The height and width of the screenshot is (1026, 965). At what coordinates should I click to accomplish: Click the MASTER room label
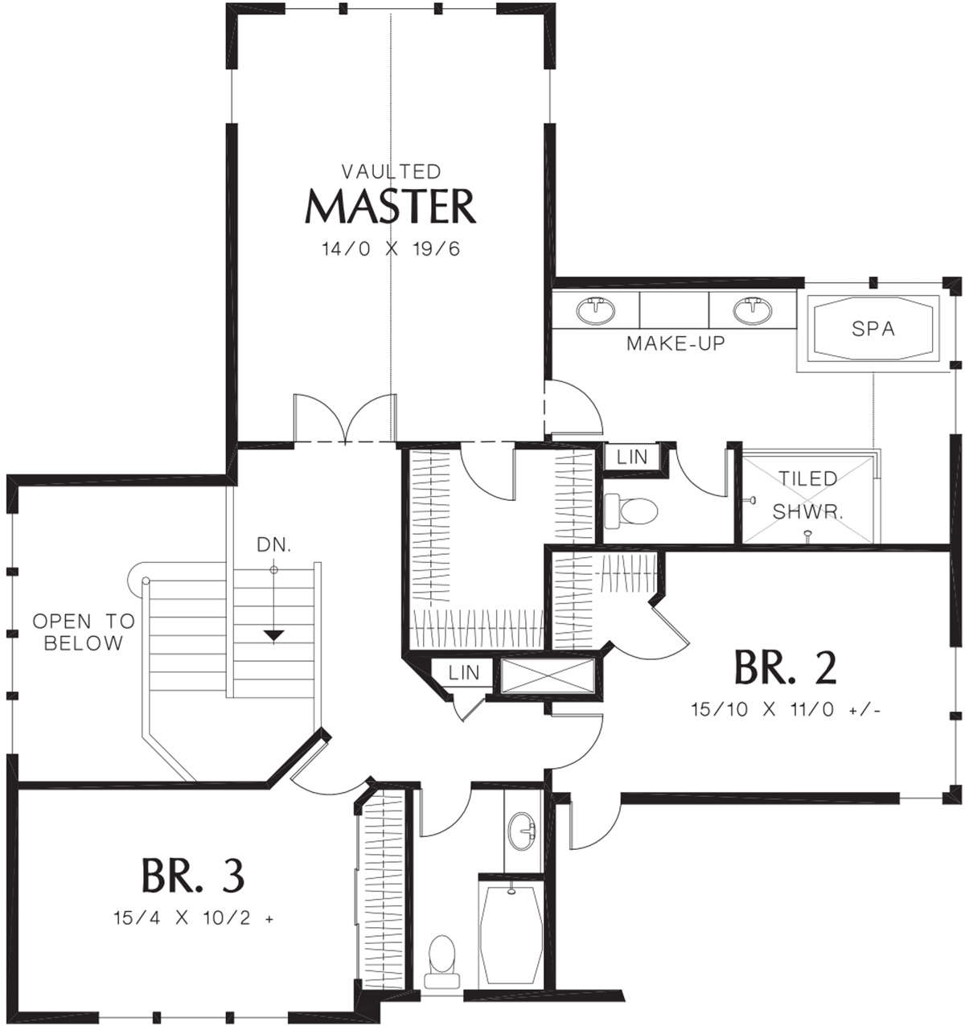pyautogui.click(x=390, y=207)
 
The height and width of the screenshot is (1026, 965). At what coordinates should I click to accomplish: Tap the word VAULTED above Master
pyautogui.click(x=392, y=171)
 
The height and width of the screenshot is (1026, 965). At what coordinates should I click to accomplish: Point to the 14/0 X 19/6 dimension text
pyautogui.click(x=391, y=249)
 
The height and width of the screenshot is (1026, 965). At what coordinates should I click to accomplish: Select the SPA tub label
pyautogui.click(x=873, y=329)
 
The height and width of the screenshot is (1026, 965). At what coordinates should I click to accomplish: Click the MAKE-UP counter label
pyautogui.click(x=675, y=343)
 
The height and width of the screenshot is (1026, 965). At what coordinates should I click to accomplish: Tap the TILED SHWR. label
pyautogui.click(x=808, y=495)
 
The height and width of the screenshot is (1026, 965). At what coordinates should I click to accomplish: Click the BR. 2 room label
pyautogui.click(x=785, y=668)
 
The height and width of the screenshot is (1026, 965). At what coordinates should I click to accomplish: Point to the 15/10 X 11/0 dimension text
pyautogui.click(x=786, y=710)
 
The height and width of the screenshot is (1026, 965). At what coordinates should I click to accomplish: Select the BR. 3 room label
pyautogui.click(x=192, y=876)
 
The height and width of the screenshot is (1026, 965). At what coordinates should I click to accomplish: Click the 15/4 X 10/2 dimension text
pyautogui.click(x=193, y=918)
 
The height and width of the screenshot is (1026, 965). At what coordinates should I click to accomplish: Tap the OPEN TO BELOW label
pyautogui.click(x=84, y=632)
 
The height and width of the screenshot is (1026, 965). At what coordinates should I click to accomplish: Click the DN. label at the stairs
pyautogui.click(x=274, y=544)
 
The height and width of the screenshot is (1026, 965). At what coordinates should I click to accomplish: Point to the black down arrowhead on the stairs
pyautogui.click(x=273, y=635)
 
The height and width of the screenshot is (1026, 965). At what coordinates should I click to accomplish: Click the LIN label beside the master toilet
pyautogui.click(x=631, y=457)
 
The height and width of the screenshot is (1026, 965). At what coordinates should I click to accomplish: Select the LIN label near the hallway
pyautogui.click(x=464, y=673)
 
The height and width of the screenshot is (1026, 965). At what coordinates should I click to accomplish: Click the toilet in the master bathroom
pyautogui.click(x=630, y=511)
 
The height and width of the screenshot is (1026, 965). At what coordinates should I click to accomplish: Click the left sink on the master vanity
pyautogui.click(x=597, y=310)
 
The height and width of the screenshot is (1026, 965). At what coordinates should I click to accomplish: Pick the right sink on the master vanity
pyautogui.click(x=752, y=310)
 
